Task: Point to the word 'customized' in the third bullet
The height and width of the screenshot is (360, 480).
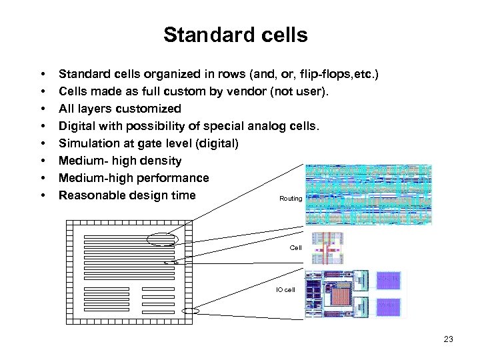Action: (x=147, y=109)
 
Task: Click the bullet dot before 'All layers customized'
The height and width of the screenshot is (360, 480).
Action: (x=42, y=109)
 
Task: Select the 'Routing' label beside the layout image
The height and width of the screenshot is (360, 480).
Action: (x=291, y=199)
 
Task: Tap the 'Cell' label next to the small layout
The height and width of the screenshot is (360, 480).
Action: (x=295, y=247)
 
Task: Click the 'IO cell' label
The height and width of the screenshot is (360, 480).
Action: (x=285, y=290)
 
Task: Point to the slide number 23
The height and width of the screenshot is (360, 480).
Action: (x=448, y=339)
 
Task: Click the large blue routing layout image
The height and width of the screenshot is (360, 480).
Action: (x=368, y=194)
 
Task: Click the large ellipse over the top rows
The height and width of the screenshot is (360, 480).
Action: (x=164, y=239)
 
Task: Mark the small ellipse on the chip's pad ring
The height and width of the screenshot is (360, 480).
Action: (x=192, y=311)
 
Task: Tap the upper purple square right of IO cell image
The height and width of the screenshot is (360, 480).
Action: (x=389, y=279)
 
